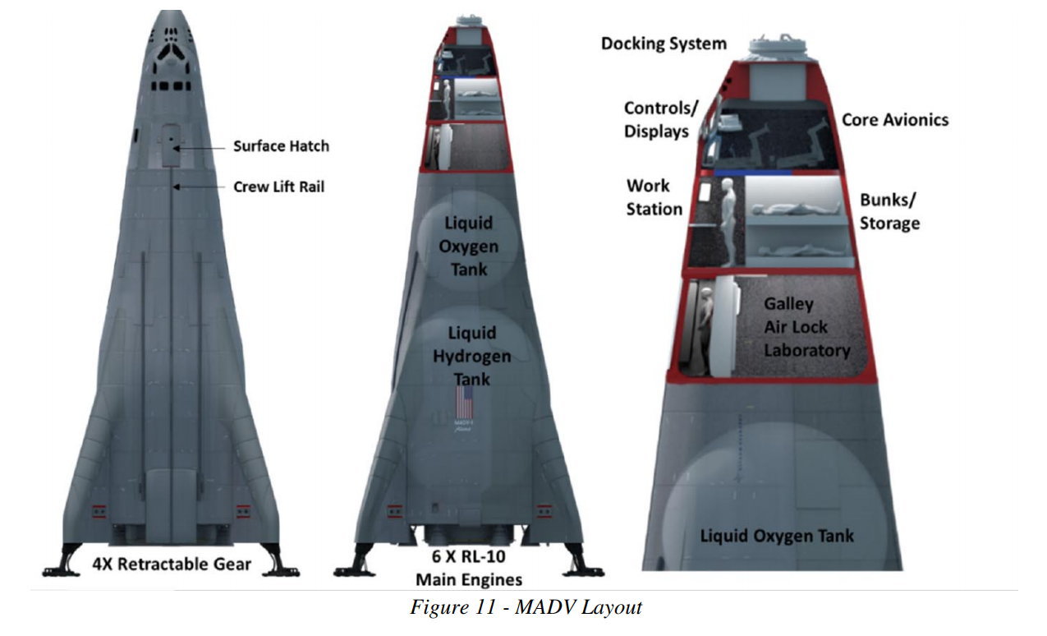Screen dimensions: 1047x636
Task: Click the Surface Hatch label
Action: coord(280,146)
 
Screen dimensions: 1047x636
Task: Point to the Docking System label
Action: coord(664,44)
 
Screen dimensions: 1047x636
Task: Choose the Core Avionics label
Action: coord(894,120)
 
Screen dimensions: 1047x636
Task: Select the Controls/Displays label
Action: coord(660,120)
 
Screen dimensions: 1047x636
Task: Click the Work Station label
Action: coord(654,197)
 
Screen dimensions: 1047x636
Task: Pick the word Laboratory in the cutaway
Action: coord(806,351)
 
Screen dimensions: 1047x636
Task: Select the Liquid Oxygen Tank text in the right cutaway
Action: coord(776,537)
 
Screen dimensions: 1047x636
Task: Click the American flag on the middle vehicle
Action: coord(465,403)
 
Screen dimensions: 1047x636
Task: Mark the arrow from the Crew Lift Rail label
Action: coord(201,187)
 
